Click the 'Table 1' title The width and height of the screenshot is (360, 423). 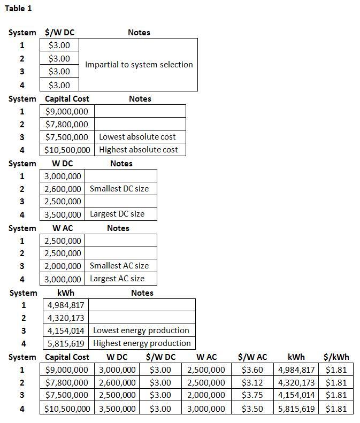pyautogui.click(x=18, y=9)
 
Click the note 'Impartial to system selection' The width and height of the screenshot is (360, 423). pyautogui.click(x=139, y=65)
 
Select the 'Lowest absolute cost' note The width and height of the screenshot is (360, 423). pyautogui.click(x=137, y=137)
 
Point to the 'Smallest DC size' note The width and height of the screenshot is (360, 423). pyautogui.click(x=119, y=189)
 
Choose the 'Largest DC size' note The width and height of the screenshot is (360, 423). pyautogui.click(x=117, y=214)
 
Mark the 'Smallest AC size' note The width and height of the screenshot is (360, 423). pyautogui.click(x=119, y=266)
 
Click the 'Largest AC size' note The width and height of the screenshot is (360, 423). pyautogui.click(x=117, y=279)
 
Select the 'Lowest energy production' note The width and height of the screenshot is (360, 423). pyautogui.click(x=141, y=330)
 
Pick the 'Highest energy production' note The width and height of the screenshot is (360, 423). pyautogui.click(x=142, y=343)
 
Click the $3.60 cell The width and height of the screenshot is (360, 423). pyautogui.click(x=252, y=370)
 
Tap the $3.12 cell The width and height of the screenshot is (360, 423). pyautogui.click(x=252, y=383)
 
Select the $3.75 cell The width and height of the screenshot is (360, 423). pyautogui.click(x=252, y=396)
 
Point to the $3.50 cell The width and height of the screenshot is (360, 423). pyautogui.click(x=252, y=409)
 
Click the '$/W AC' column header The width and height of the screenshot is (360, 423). pyautogui.click(x=252, y=357)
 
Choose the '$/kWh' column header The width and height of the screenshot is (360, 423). pyautogui.click(x=336, y=357)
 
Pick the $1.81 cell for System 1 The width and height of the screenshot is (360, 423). pyautogui.click(x=336, y=370)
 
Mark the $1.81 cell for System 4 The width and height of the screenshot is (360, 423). pyautogui.click(x=336, y=409)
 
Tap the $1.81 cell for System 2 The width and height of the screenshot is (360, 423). pyautogui.click(x=336, y=383)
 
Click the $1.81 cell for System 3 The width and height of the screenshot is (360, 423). pyautogui.click(x=336, y=396)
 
